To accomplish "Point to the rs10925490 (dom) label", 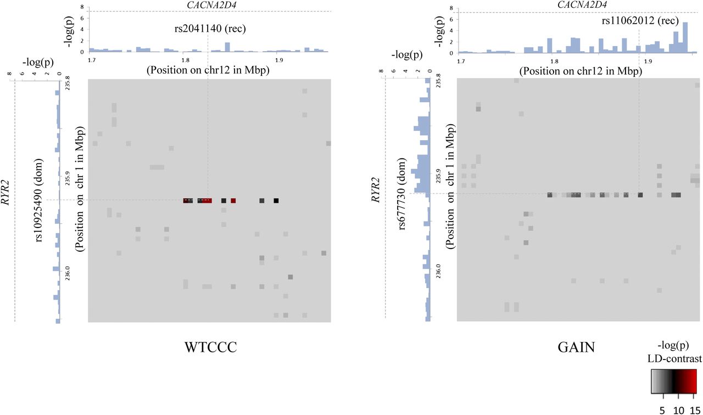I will pos(39,199).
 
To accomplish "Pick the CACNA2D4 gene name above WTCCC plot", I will pos(208,5).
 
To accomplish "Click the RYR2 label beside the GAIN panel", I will pos(376,190).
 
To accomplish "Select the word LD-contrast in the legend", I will pos(673,359).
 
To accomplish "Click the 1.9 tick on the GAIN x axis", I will pos(649,61).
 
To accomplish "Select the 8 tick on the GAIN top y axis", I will pos(450,9).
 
